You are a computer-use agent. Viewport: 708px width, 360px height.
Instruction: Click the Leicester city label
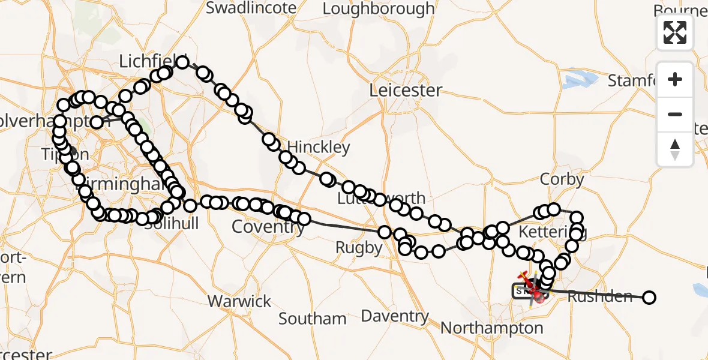click(406, 91)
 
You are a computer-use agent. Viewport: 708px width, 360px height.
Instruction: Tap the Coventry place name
click(268, 227)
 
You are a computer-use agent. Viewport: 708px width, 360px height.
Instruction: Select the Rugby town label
click(359, 247)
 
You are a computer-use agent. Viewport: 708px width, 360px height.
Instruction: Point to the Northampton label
click(491, 328)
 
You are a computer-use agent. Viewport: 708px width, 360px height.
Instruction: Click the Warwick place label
click(239, 301)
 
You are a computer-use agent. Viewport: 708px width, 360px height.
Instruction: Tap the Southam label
click(313, 319)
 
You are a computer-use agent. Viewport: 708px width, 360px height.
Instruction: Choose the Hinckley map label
click(319, 147)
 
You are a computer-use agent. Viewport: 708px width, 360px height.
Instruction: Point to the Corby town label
click(562, 179)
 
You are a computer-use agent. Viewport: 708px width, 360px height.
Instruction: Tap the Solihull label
click(175, 223)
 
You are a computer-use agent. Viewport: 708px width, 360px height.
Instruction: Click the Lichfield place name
click(148, 61)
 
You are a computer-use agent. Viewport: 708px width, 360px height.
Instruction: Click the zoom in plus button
click(675, 80)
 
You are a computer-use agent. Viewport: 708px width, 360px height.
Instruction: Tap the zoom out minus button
click(675, 114)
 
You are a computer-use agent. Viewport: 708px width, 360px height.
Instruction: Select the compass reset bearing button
click(675, 149)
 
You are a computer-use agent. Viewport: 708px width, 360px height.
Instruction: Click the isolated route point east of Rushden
click(649, 297)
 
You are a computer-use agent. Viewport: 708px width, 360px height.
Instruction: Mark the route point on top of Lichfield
click(182, 62)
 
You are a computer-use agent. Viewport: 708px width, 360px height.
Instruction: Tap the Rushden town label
click(599, 296)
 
